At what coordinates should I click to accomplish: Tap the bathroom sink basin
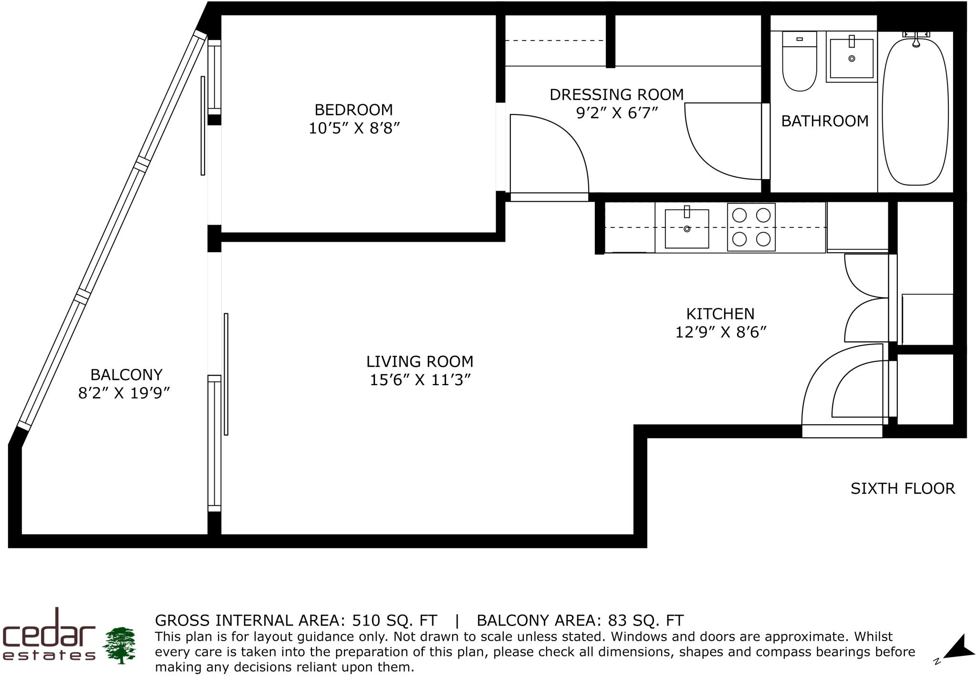(852, 58)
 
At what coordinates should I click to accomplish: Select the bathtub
(915, 112)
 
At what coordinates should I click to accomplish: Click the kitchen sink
(686, 229)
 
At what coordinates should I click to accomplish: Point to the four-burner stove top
(751, 227)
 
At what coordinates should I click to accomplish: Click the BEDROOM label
(353, 110)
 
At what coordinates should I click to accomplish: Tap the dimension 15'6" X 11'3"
(420, 380)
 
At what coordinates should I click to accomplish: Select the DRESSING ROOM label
(616, 94)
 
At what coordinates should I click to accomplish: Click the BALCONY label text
(126, 374)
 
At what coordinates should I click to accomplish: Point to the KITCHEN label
(720, 314)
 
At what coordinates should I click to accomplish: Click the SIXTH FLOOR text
(903, 489)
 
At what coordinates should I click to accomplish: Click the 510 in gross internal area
(366, 620)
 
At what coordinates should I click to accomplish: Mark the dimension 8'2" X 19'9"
(124, 393)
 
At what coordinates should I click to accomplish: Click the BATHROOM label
(824, 121)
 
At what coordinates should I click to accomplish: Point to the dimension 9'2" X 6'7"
(617, 113)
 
